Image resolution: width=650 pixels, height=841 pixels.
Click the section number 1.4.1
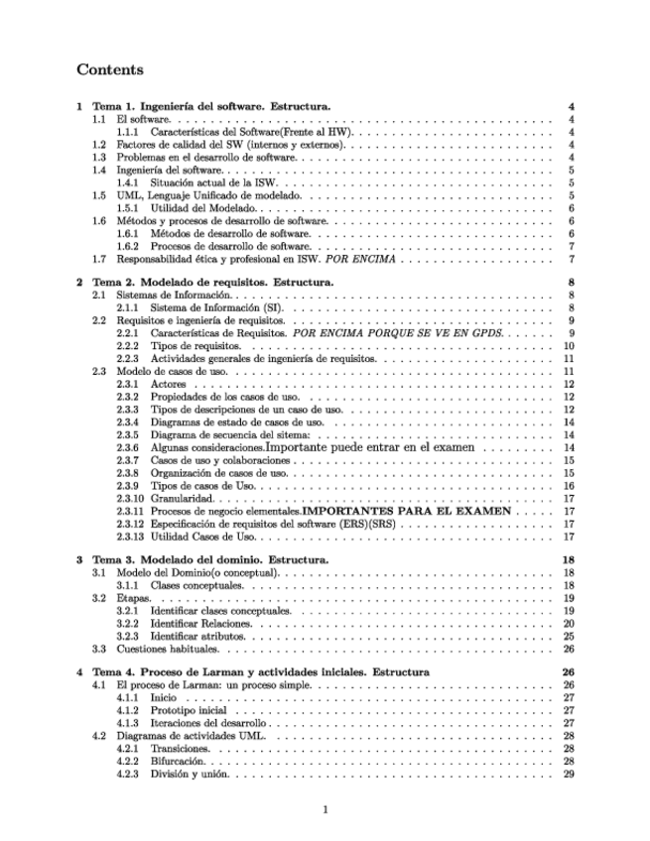click(x=129, y=182)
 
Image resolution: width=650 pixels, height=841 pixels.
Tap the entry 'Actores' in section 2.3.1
click(x=168, y=384)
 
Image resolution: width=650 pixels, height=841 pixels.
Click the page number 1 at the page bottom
click(x=325, y=810)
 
